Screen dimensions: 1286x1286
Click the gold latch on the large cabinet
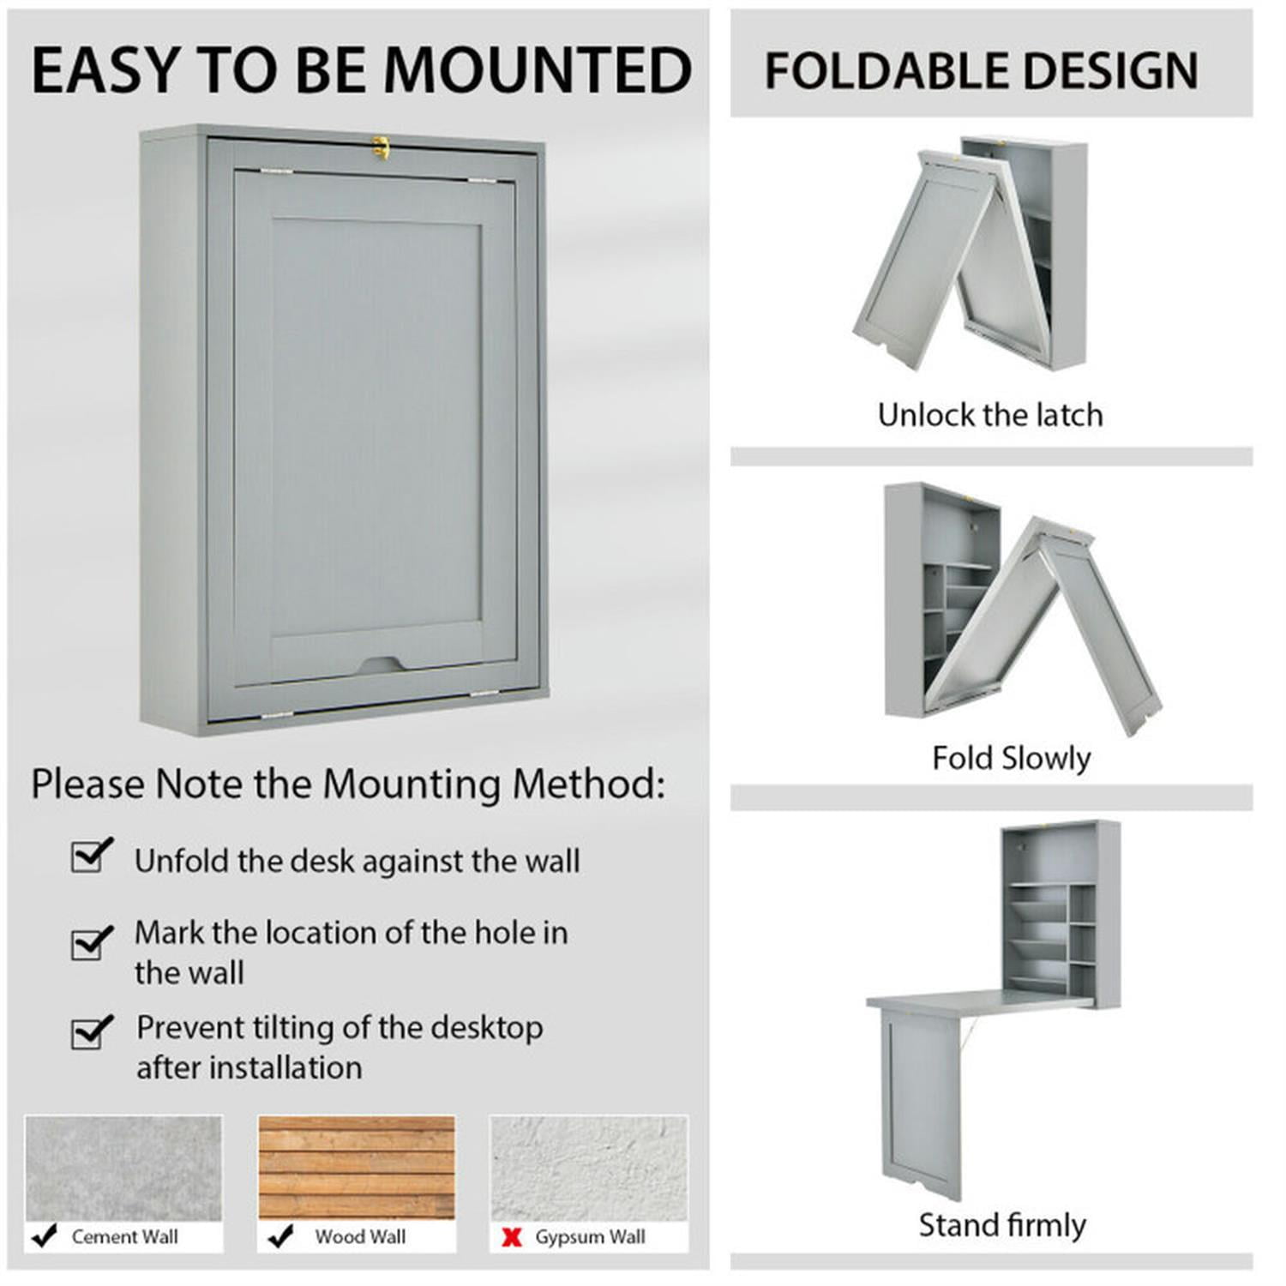[x=381, y=147]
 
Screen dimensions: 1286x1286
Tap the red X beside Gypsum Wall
[x=512, y=1237]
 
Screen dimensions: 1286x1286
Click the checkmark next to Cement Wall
[x=44, y=1236]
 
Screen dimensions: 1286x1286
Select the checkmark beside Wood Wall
[x=279, y=1236]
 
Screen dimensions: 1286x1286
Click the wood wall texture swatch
[x=357, y=1168]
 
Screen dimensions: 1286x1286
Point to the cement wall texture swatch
[x=123, y=1168]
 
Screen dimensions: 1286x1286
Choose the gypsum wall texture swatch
[x=589, y=1168]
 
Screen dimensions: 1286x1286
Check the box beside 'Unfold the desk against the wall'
[x=89, y=856]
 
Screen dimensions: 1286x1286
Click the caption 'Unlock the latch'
[x=990, y=415]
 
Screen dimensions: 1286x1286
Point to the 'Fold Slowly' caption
[x=1011, y=758]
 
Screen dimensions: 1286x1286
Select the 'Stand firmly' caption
[x=1002, y=1225]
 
